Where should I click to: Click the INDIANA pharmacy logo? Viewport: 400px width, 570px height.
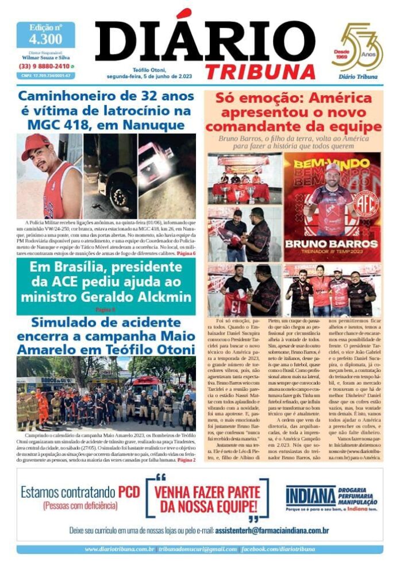310,495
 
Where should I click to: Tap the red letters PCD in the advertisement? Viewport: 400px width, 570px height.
129,492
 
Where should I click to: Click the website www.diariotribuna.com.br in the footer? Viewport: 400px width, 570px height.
119,549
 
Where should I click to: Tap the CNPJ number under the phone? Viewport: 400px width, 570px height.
45,75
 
